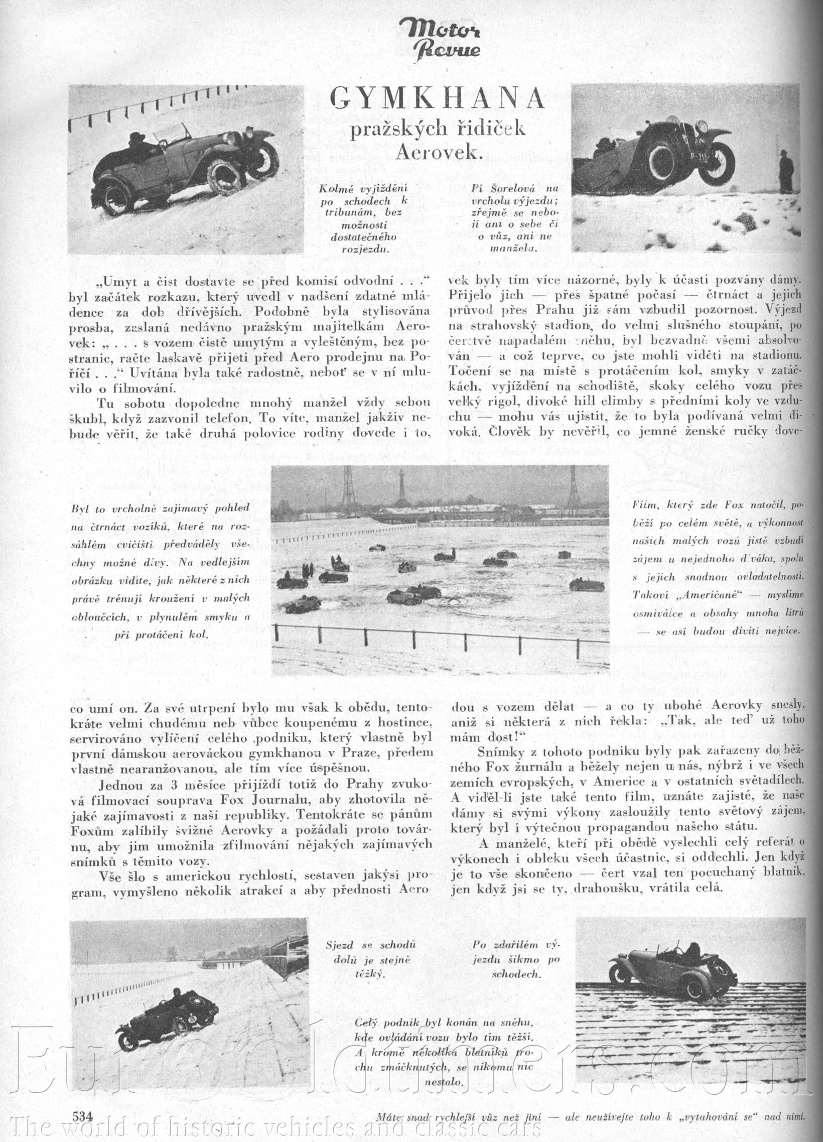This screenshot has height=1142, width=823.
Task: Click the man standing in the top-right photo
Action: pos(786,171)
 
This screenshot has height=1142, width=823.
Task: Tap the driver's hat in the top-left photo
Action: pos(137,138)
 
